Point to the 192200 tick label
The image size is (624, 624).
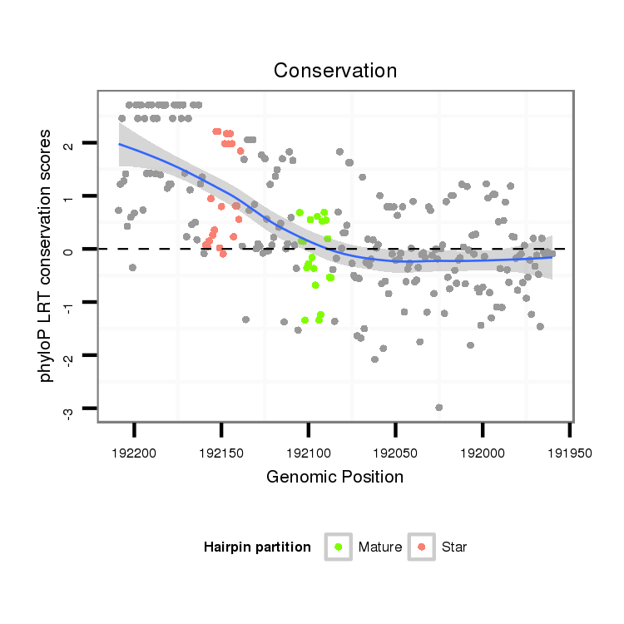tap(134, 453)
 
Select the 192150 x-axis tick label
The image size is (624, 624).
tap(220, 453)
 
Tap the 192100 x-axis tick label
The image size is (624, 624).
tap(308, 453)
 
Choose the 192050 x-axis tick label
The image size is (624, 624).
tap(395, 453)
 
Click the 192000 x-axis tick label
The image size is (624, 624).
tap(483, 453)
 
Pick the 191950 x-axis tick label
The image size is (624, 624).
tap(569, 453)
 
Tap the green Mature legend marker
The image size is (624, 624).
tap(338, 547)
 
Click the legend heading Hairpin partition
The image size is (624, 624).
tap(257, 547)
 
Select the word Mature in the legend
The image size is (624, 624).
tap(380, 547)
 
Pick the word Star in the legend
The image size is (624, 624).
tap(454, 547)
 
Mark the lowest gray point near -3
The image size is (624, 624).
tap(438, 408)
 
